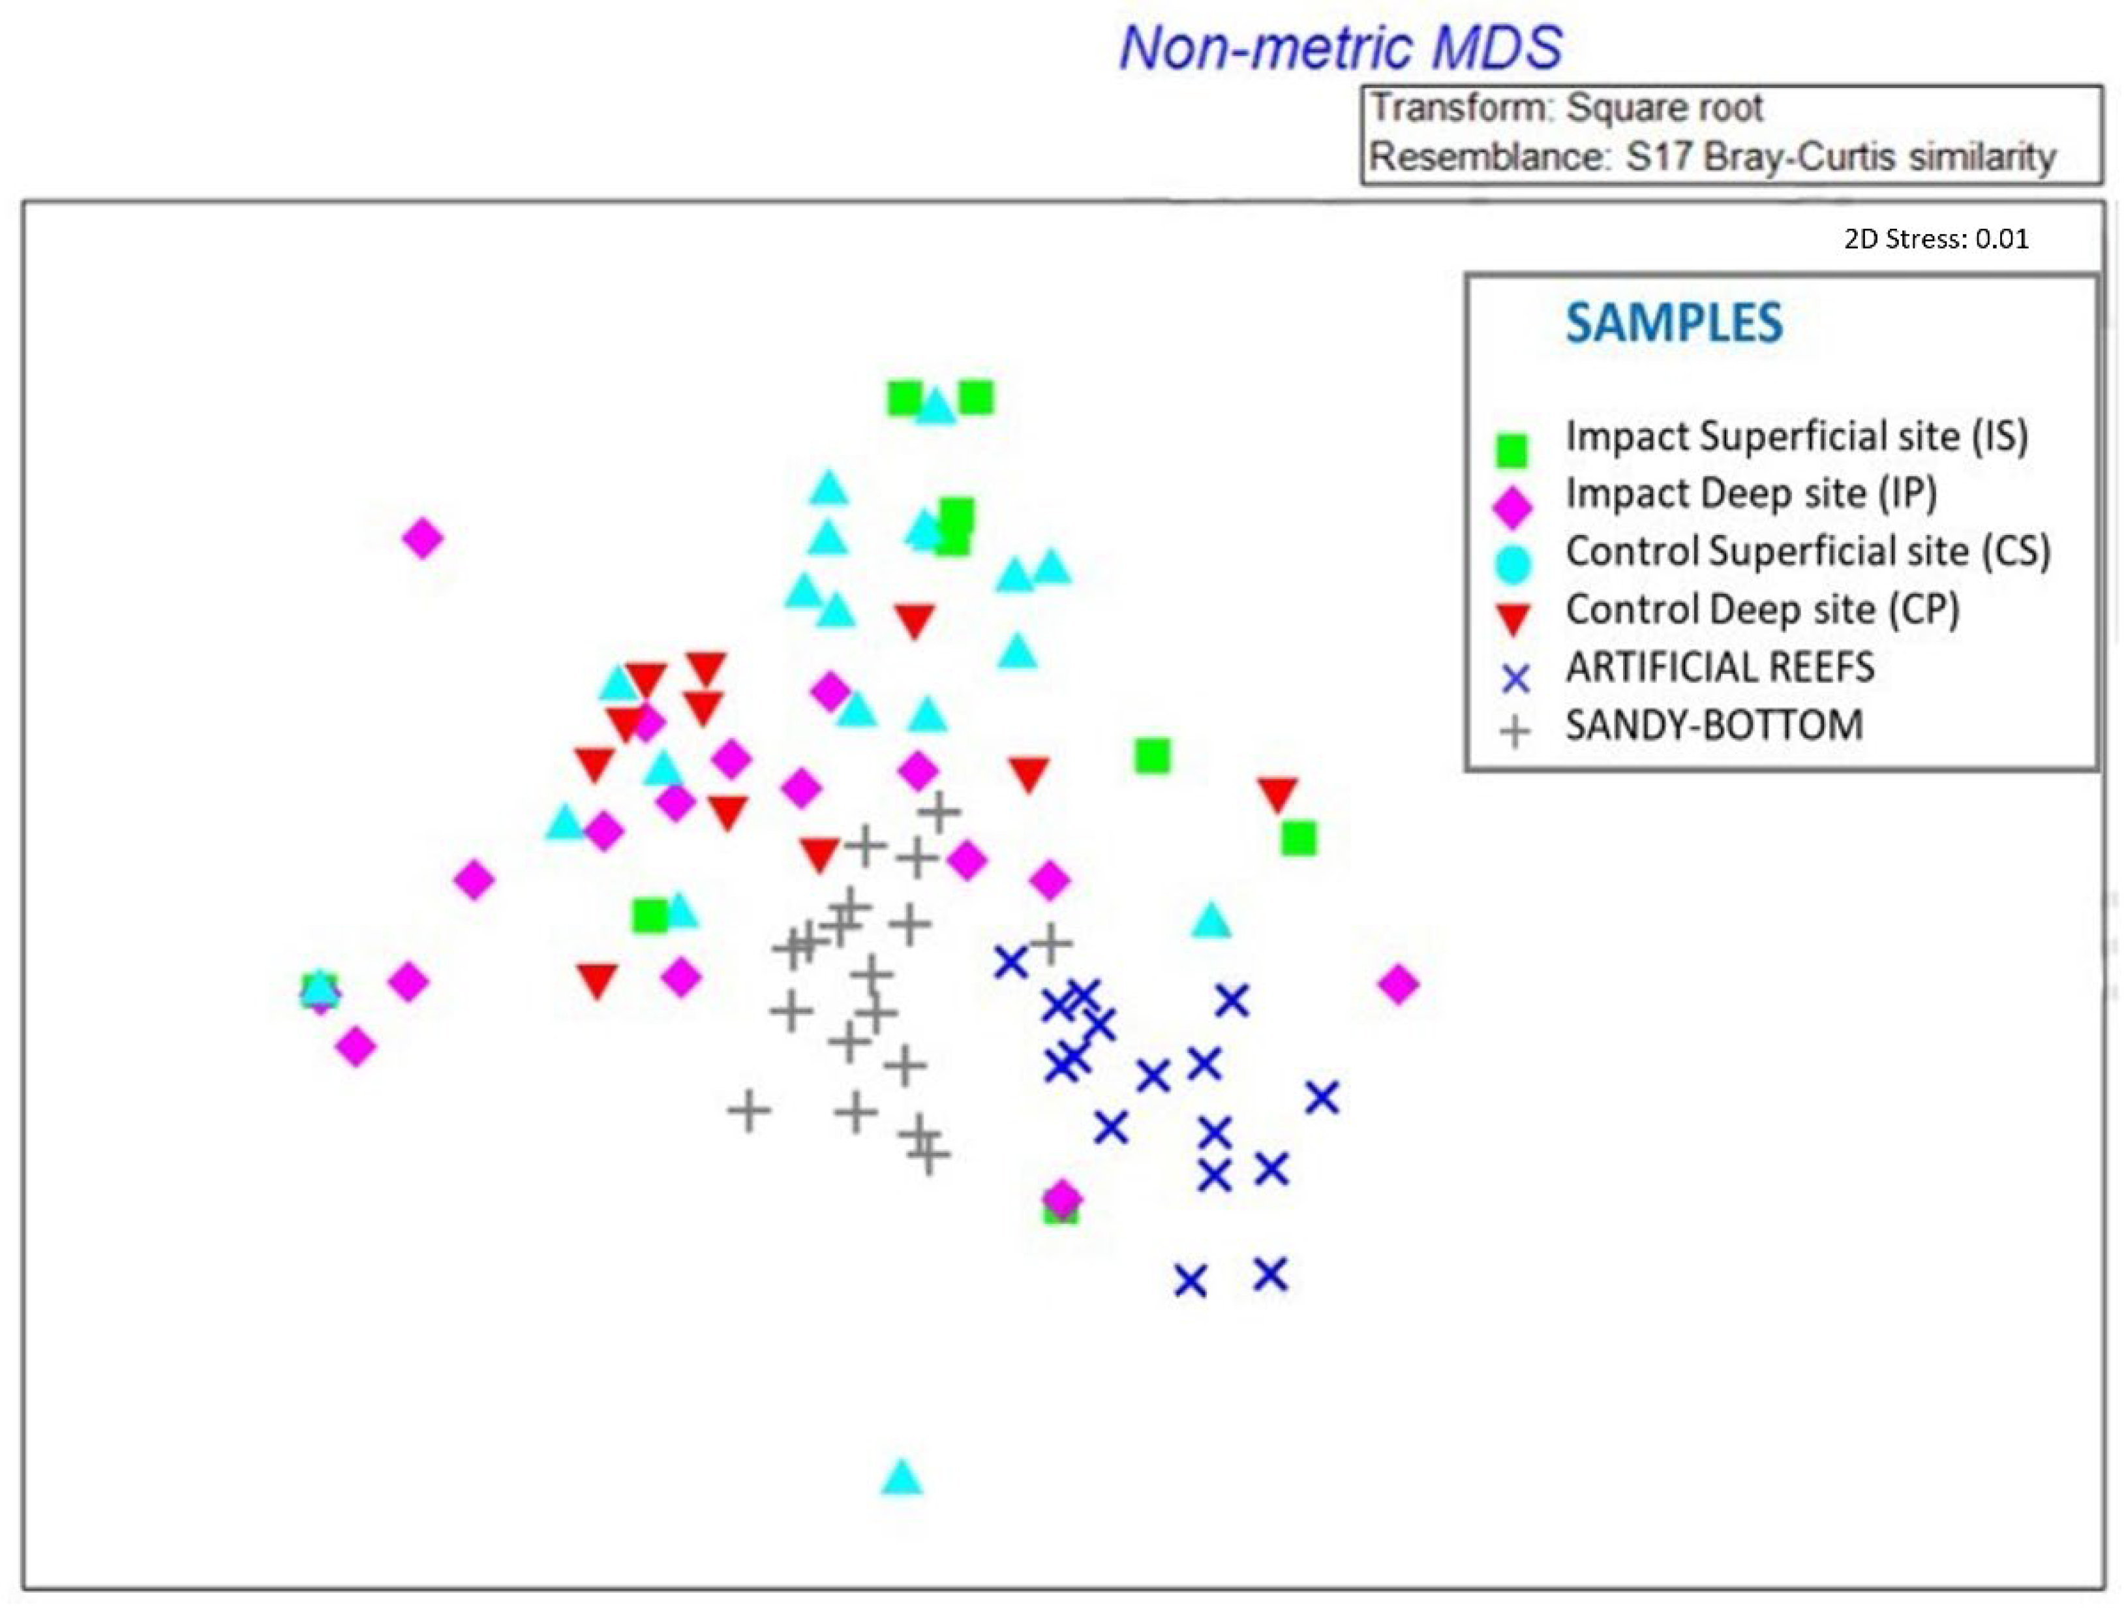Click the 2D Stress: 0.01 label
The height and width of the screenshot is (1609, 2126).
click(x=1936, y=238)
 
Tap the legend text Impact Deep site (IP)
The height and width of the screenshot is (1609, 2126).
click(x=1750, y=494)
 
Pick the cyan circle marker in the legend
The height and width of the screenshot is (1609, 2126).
click(x=1513, y=564)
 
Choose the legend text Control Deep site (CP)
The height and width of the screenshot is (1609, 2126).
click(x=1762, y=609)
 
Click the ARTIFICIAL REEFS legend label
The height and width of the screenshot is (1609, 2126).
click(x=1720, y=667)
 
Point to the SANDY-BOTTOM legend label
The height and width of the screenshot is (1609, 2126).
click(x=1714, y=725)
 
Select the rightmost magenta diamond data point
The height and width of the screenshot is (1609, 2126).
click(x=1399, y=984)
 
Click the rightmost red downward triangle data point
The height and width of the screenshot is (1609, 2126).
click(x=1277, y=794)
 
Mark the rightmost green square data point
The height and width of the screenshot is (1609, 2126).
click(x=1299, y=838)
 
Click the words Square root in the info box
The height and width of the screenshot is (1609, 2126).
click(x=1665, y=108)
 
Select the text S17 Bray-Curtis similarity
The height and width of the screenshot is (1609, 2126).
click(x=1840, y=157)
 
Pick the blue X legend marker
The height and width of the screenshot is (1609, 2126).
click(x=1515, y=679)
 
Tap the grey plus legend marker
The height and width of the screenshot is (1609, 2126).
click(x=1515, y=733)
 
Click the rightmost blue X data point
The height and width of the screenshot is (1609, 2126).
click(x=1322, y=1097)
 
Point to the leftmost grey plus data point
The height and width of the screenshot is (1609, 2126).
click(x=749, y=1111)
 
